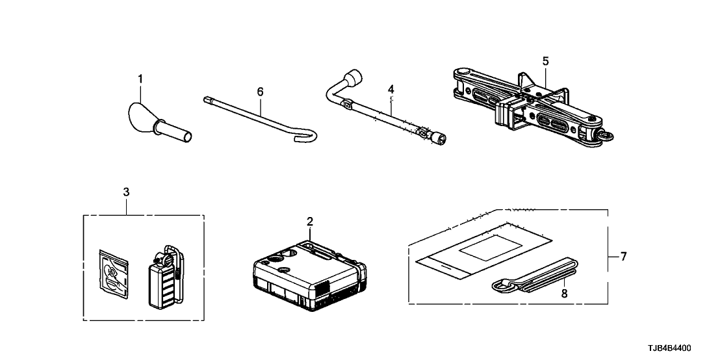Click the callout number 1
139,79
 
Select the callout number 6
260,92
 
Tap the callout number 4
391,88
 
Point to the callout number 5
545,61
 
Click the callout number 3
126,192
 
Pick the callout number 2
310,221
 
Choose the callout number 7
623,257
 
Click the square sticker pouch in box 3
113,278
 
